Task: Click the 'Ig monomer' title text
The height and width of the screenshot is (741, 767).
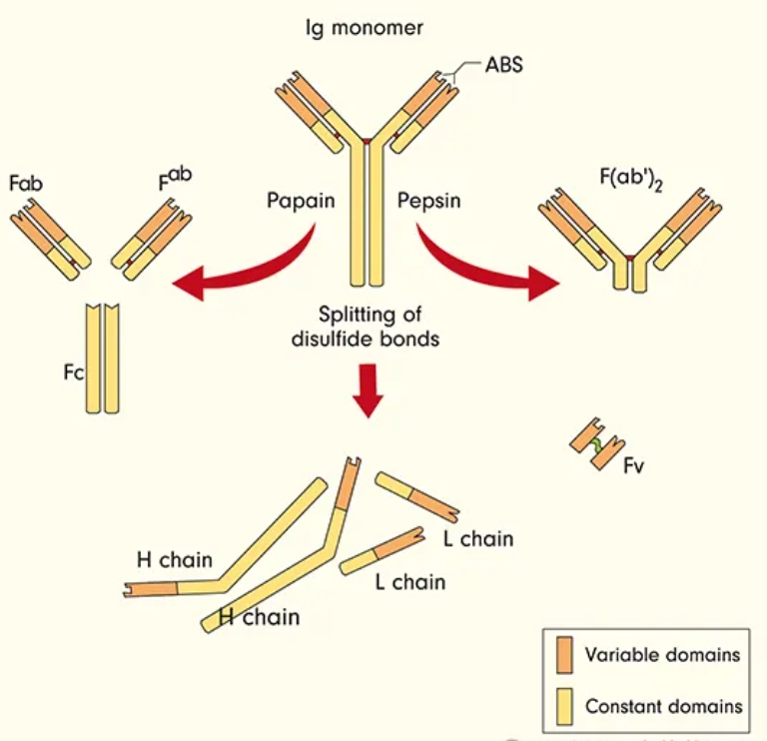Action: click(x=364, y=28)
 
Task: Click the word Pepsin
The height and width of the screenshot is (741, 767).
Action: click(x=431, y=200)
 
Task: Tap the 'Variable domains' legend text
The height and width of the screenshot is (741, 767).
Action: click(x=662, y=655)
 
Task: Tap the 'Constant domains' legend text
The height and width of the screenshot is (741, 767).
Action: click(x=664, y=706)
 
